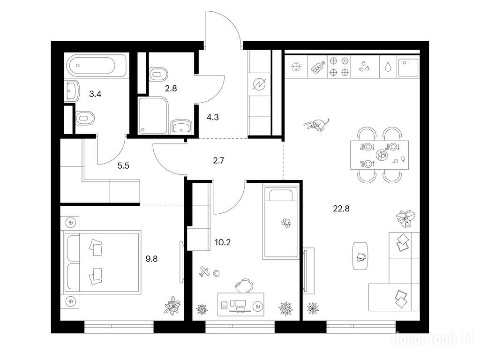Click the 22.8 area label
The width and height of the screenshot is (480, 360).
pos(341,209)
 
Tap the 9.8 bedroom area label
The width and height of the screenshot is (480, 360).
pos(151,259)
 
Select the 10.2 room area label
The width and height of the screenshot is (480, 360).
pos(223,242)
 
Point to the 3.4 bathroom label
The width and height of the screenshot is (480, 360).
pos(95,94)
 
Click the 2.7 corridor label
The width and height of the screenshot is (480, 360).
pos(218,160)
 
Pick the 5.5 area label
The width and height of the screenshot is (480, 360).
pos(123,166)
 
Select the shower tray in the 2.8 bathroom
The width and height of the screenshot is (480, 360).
pos(153,115)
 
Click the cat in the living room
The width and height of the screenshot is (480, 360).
pos(317,124)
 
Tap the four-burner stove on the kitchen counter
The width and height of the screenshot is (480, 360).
pos(339,67)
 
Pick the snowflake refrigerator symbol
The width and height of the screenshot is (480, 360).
pos(296,67)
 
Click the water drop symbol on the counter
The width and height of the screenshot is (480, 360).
pos(388,67)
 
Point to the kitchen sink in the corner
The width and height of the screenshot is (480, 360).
pos(408,67)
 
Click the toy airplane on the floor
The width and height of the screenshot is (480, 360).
pos(204,271)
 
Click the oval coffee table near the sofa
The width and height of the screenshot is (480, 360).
pos(360,256)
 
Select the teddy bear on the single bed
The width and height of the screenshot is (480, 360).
pos(286,223)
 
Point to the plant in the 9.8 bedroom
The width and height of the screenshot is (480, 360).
pos(172,305)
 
